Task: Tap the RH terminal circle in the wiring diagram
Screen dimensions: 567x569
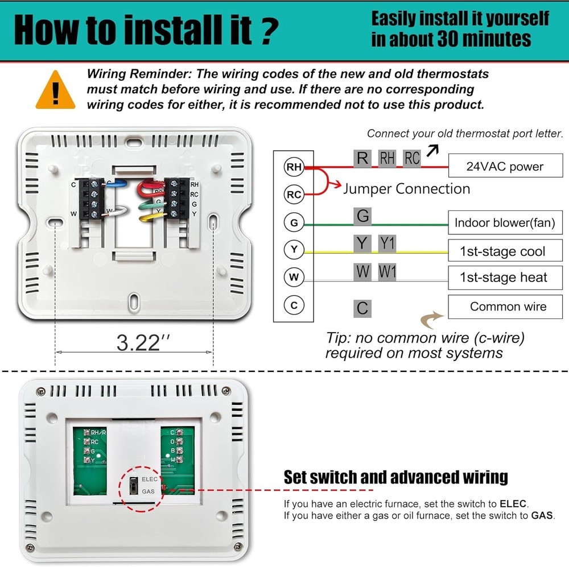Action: (x=294, y=167)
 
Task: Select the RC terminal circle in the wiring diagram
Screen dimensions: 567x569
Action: (x=294, y=194)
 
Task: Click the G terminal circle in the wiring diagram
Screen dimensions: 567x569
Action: (x=294, y=223)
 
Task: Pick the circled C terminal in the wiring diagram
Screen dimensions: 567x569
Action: (x=294, y=305)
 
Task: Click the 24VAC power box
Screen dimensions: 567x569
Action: (x=505, y=167)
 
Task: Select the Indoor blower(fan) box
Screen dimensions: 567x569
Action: (x=505, y=223)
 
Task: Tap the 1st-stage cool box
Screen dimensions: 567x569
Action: (x=505, y=251)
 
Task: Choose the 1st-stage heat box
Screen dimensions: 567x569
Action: (x=505, y=278)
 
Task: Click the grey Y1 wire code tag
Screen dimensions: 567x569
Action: (x=387, y=243)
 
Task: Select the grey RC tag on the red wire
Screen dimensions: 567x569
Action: (x=412, y=158)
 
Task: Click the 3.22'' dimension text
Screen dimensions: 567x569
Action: (x=143, y=342)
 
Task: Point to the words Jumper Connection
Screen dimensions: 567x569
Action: (x=406, y=189)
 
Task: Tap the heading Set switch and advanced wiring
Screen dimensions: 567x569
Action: (x=395, y=477)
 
